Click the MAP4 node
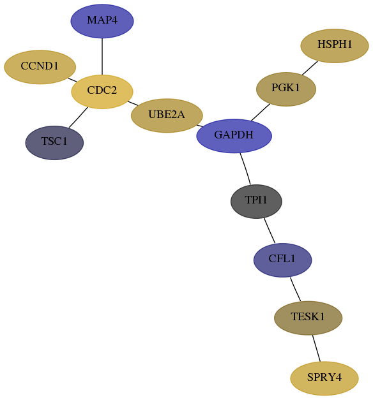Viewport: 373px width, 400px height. point(102,21)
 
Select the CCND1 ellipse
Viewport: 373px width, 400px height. point(40,67)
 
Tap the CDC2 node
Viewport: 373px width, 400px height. point(102,92)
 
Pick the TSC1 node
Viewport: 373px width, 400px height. point(54,143)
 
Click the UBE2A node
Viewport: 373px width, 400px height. point(167,115)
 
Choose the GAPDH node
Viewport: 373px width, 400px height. point(234,136)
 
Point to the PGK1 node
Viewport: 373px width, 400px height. point(286,89)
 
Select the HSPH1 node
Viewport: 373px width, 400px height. point(335,46)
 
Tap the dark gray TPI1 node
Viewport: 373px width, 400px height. point(256,201)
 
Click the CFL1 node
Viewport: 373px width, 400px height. point(282,260)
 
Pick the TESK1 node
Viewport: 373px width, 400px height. point(308,318)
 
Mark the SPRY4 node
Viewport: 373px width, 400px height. point(324,378)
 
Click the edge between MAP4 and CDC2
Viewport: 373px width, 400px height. point(102,56)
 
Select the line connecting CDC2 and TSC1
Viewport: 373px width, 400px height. point(78,117)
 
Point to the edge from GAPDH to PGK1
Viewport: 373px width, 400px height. point(261,112)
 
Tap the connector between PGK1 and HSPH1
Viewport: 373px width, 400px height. point(310,68)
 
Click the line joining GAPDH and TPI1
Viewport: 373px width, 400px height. point(245,168)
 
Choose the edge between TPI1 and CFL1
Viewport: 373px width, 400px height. point(270,230)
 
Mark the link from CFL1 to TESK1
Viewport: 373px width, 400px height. point(295,289)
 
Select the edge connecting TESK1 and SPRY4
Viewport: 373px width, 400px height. point(316,348)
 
